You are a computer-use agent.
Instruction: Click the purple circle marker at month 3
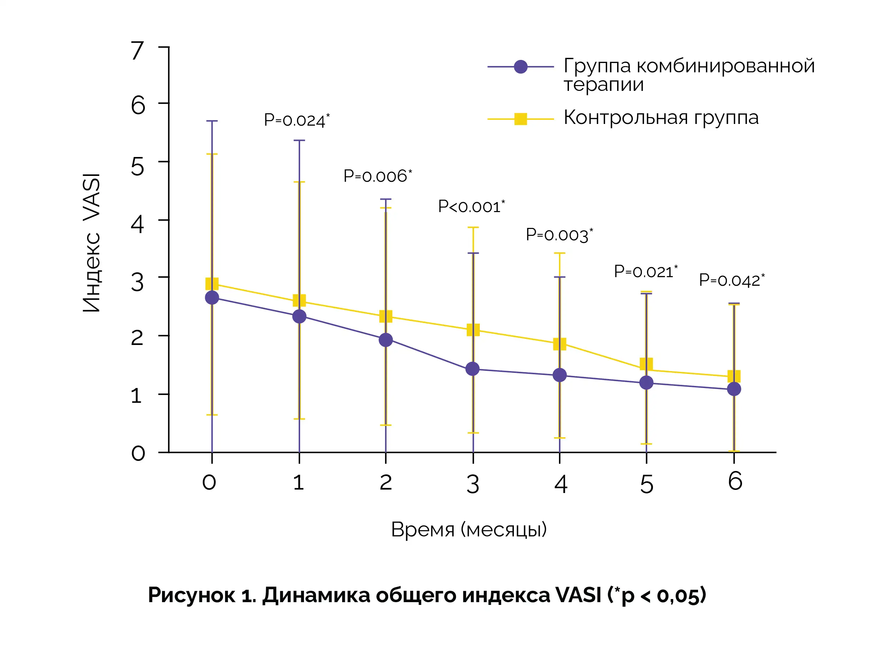(472, 369)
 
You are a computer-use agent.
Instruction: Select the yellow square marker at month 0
(212, 284)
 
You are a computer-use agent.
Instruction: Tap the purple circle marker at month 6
(734, 389)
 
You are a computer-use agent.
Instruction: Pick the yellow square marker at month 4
(560, 344)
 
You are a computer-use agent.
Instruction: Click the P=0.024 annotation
(297, 120)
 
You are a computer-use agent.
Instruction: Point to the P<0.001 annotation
(471, 207)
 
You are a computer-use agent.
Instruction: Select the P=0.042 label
(731, 280)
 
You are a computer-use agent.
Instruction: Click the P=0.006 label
(378, 176)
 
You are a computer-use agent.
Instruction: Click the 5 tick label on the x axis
(646, 484)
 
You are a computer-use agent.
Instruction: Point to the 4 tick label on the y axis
(138, 225)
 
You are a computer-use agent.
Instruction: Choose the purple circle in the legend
(521, 67)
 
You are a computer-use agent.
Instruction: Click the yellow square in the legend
(521, 118)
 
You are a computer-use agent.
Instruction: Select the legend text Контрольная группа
(661, 118)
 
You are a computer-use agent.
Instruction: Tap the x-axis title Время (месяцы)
(469, 529)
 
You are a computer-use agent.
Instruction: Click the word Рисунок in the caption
(191, 595)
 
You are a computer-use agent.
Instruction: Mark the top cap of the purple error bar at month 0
(212, 121)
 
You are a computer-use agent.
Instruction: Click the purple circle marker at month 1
(299, 316)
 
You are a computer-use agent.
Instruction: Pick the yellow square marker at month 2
(386, 316)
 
